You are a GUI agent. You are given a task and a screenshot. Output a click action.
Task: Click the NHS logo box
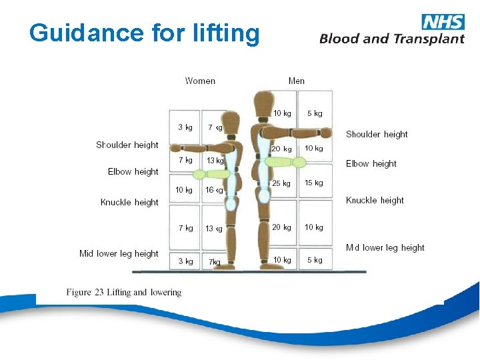(x=443, y=21)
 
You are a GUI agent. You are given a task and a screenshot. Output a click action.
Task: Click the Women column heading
(x=200, y=81)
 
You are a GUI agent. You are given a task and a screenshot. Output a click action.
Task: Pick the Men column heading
(x=297, y=81)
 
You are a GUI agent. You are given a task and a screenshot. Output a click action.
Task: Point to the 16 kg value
(x=214, y=190)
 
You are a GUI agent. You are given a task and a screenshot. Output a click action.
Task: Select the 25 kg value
(x=281, y=183)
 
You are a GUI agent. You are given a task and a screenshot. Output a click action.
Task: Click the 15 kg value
(x=314, y=183)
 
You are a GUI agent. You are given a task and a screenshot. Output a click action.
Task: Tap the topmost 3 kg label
(x=185, y=127)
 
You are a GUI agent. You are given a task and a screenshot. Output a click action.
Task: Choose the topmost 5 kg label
(x=315, y=113)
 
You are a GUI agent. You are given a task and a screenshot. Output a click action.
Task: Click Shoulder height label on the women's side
(x=127, y=145)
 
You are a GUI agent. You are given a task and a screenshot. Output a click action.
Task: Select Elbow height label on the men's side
(x=371, y=163)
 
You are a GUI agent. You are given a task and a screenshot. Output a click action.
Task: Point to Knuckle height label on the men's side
(x=375, y=200)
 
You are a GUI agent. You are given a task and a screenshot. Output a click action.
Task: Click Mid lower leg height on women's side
(x=119, y=253)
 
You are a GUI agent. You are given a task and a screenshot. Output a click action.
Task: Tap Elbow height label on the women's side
(x=133, y=171)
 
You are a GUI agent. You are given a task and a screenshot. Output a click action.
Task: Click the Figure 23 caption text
(x=123, y=292)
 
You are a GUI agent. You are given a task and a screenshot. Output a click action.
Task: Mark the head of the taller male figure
(x=262, y=103)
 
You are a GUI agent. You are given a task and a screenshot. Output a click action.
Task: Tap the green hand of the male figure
(x=299, y=162)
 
